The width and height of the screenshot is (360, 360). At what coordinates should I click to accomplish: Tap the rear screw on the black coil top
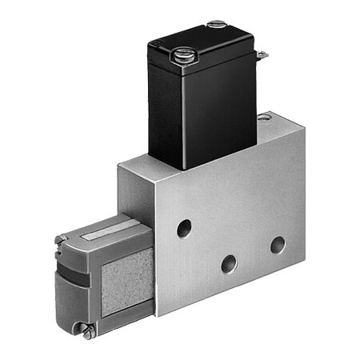click(x=217, y=25)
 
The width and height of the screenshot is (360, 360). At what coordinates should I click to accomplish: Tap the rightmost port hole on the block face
click(x=277, y=244)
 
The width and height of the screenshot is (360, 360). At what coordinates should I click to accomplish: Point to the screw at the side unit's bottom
click(x=89, y=328)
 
